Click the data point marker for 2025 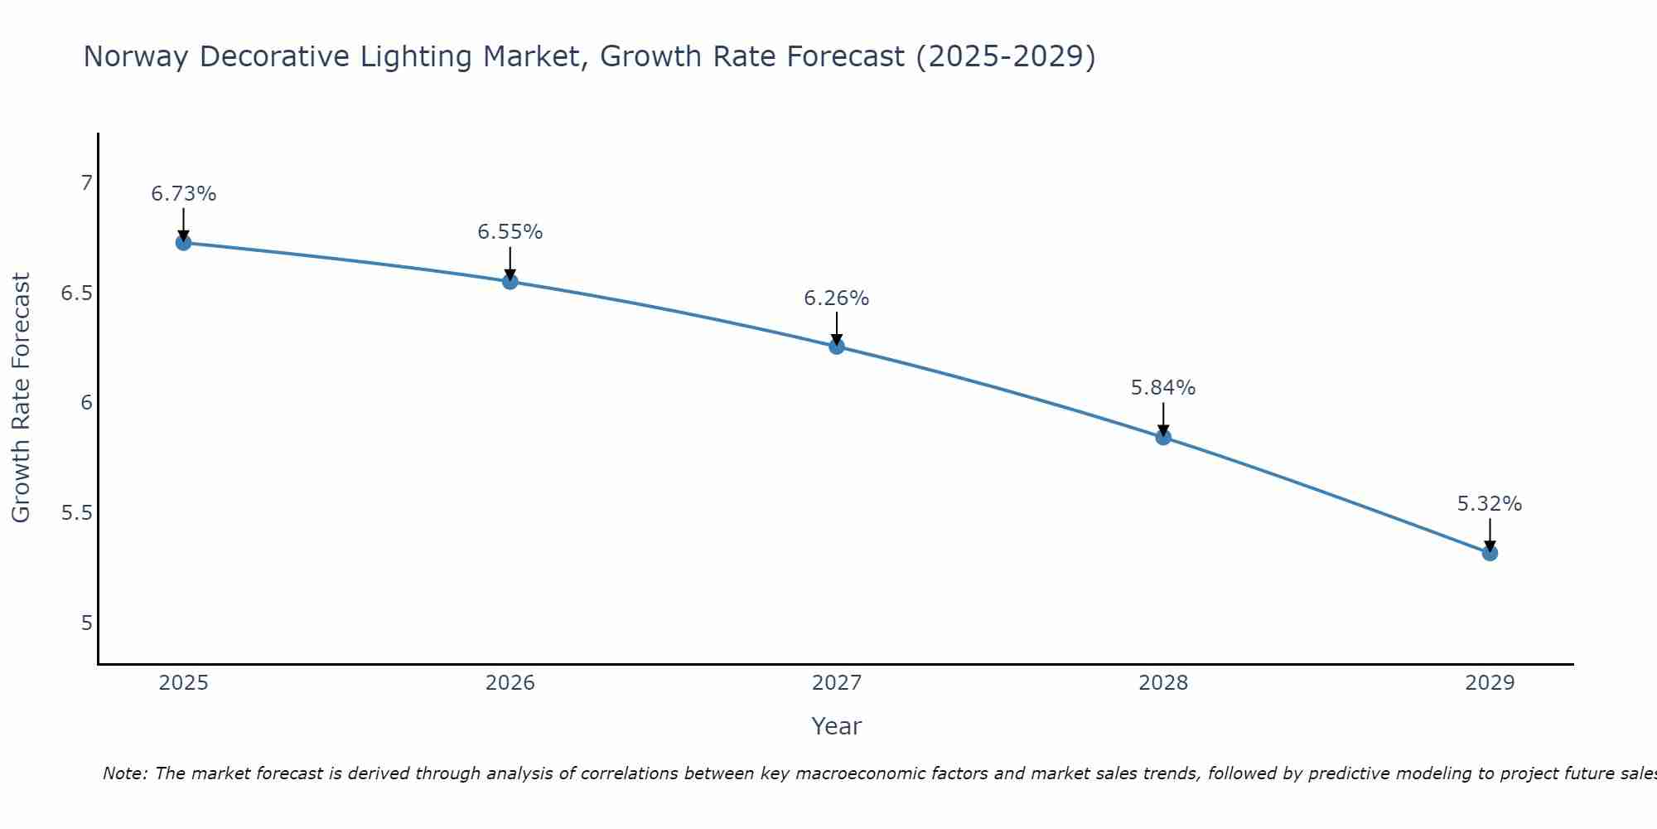tap(183, 243)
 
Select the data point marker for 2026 tap(510, 282)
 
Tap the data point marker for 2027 tap(837, 347)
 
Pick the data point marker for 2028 tap(1163, 437)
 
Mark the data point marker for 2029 tap(1490, 553)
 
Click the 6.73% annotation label tap(183, 194)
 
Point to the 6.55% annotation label tap(510, 232)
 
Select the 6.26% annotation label tap(837, 298)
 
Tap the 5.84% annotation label tap(1163, 388)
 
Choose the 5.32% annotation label tap(1490, 504)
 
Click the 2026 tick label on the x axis tap(510, 683)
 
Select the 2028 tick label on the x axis tap(1163, 683)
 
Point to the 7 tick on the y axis tap(86, 183)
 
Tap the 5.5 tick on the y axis tap(77, 513)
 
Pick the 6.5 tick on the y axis tap(77, 293)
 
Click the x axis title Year tap(837, 726)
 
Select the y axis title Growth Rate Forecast tap(21, 398)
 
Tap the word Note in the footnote tap(124, 773)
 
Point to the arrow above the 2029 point tap(1490, 535)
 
